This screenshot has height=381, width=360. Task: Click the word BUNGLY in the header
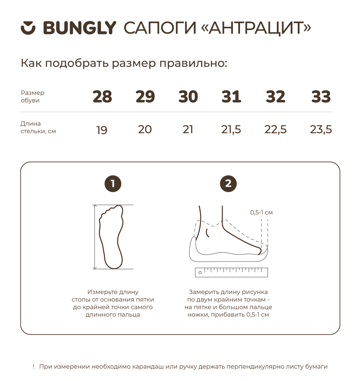(80, 28)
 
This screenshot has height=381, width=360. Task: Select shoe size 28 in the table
(102, 97)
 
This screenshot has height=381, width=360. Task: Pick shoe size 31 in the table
(231, 97)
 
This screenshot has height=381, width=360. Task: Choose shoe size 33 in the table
(321, 97)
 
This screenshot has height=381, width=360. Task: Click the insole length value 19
(102, 130)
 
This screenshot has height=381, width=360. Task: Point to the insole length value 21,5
(231, 130)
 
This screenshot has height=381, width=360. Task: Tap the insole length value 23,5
(321, 130)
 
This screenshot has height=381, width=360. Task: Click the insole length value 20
(145, 129)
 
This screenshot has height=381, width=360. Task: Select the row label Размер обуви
(33, 97)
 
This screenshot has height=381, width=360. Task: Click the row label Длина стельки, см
(38, 127)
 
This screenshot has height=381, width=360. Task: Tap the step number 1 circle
(113, 184)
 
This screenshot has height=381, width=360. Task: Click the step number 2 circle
(228, 184)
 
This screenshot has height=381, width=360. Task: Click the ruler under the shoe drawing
(231, 272)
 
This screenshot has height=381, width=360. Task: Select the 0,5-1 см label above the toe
(261, 212)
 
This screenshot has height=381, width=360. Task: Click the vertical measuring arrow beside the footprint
(95, 237)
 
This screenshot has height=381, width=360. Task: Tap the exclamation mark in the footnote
(34, 366)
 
